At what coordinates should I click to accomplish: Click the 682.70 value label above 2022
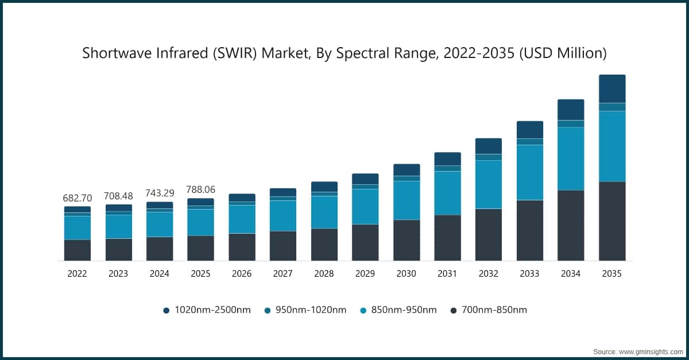click(77, 198)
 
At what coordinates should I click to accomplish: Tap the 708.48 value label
click(118, 196)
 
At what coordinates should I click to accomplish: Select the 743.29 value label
click(160, 193)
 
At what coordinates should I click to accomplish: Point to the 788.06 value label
click(200, 190)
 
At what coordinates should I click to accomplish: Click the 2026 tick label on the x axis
click(242, 274)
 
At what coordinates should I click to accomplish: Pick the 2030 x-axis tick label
click(407, 274)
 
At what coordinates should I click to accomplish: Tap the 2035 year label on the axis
click(612, 274)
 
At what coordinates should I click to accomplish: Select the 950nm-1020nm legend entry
click(305, 310)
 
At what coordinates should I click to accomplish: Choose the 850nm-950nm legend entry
click(398, 310)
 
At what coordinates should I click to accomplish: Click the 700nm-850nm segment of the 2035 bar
click(612, 221)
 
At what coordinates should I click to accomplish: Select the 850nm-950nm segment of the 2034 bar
click(571, 158)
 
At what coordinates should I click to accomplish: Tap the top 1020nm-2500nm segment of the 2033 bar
click(530, 130)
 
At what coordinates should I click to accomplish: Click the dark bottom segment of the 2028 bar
click(324, 245)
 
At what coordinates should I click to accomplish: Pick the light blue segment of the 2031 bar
click(447, 193)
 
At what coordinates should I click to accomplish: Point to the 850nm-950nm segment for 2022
click(77, 227)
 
